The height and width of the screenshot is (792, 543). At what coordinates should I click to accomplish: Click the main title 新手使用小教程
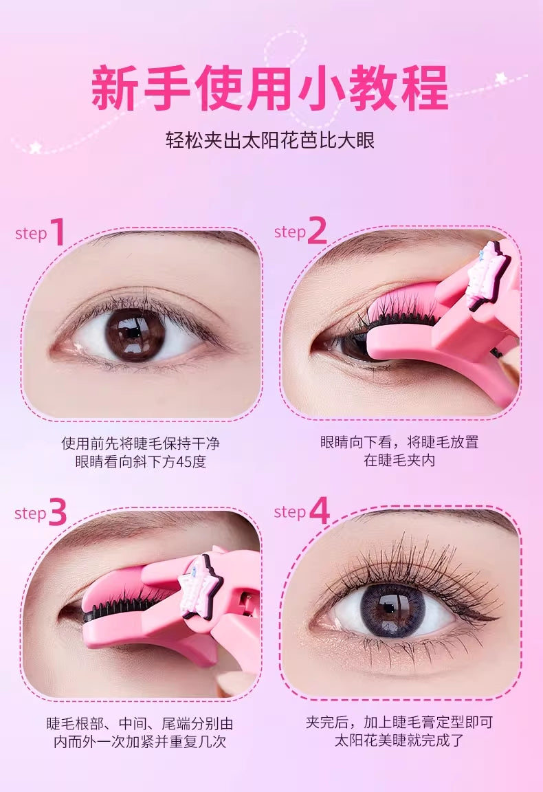(270, 88)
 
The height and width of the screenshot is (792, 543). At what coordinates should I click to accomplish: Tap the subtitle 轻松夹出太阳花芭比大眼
(270, 142)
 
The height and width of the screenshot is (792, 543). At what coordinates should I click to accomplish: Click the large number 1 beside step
(57, 232)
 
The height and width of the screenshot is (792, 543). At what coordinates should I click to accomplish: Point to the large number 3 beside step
(57, 513)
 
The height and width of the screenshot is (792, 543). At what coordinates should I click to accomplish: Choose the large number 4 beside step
(319, 511)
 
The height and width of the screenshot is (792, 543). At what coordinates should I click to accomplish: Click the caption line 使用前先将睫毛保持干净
(140, 442)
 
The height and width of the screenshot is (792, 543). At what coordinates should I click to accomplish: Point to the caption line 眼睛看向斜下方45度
(140, 461)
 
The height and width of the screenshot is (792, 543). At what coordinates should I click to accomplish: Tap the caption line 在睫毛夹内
(399, 461)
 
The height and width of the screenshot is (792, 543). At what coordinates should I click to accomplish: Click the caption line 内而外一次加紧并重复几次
(140, 742)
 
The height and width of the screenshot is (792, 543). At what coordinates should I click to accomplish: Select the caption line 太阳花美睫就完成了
(399, 741)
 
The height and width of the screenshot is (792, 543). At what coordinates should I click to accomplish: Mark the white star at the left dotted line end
(35, 146)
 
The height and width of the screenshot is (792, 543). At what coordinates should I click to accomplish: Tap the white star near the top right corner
(501, 78)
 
